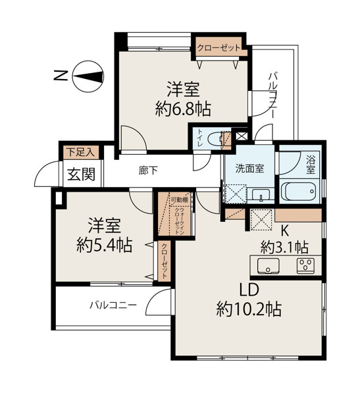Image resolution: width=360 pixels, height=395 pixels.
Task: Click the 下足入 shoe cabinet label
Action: tap(80, 151)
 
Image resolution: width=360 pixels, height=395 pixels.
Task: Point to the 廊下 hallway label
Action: tap(147, 171)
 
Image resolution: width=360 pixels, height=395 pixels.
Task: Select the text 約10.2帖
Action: tap(249, 308)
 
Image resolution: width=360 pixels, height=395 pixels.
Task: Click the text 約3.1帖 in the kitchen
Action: tap(284, 248)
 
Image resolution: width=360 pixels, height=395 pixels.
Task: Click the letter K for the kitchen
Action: tap(286, 230)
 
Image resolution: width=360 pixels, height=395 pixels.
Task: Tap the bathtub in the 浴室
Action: tap(300, 193)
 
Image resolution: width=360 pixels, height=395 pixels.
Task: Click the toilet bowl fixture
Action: tap(213, 140)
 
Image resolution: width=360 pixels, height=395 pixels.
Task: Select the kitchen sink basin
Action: tap(269, 267)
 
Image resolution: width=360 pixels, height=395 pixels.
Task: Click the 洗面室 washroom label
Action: tap(251, 168)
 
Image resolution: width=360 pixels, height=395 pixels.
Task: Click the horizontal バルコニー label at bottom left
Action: tap(113, 305)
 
